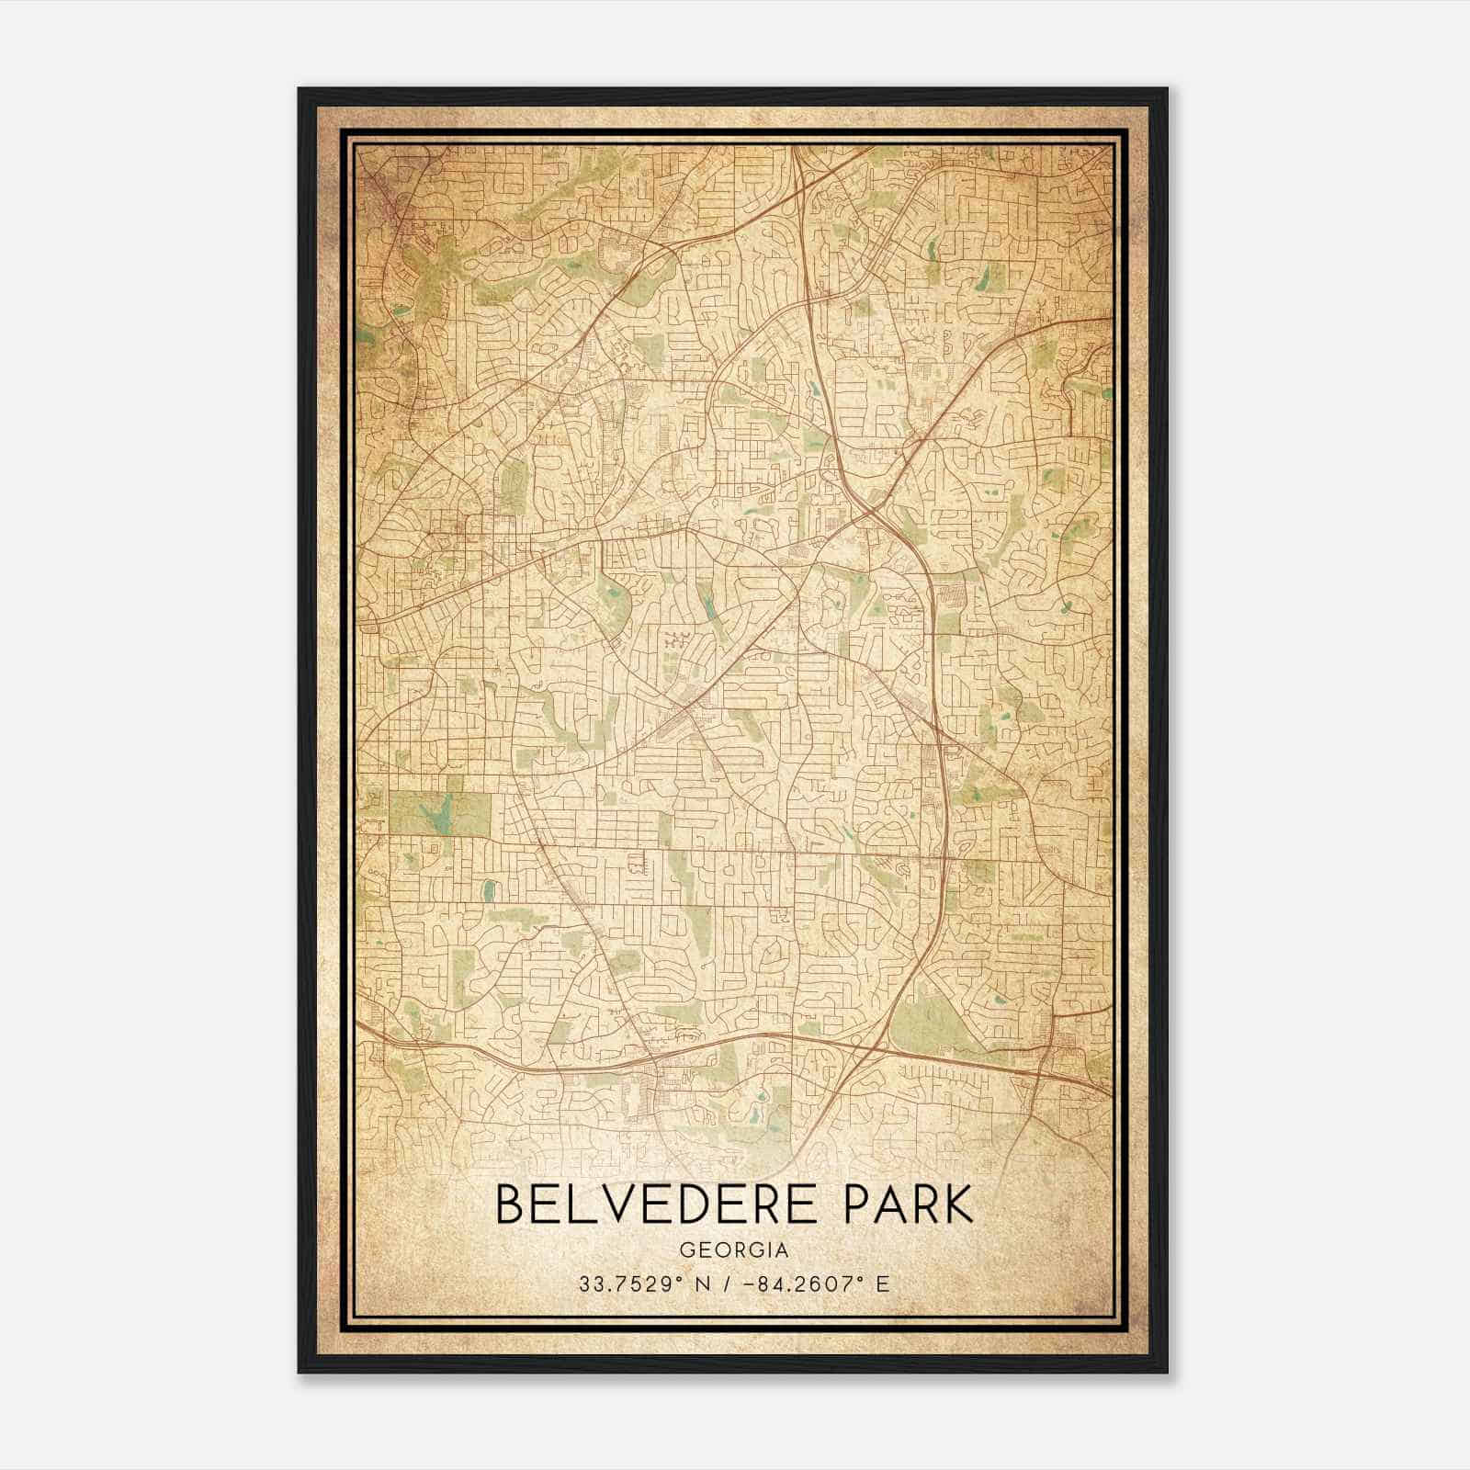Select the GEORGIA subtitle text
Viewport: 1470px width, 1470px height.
pyautogui.click(x=734, y=1250)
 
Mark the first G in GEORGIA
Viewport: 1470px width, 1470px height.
pyautogui.click(x=686, y=1250)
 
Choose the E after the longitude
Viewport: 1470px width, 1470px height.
pyautogui.click(x=883, y=1284)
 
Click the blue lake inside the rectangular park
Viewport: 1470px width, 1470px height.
pyautogui.click(x=434, y=813)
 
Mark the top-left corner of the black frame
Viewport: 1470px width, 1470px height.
pyautogui.click(x=300, y=90)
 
